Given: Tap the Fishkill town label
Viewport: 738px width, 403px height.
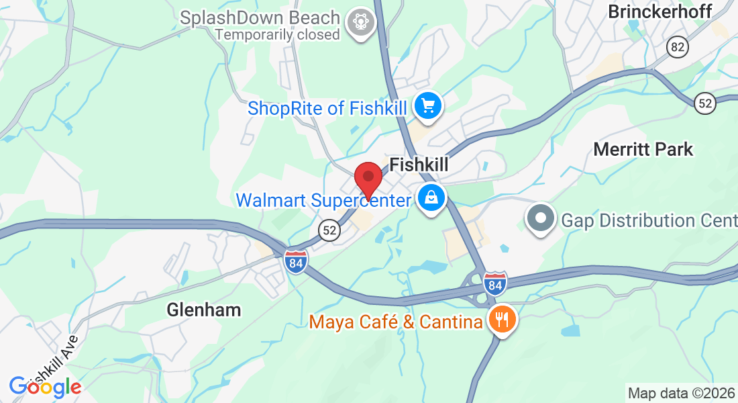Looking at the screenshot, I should (x=419, y=165).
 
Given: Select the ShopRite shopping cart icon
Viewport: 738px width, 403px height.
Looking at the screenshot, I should (x=428, y=105).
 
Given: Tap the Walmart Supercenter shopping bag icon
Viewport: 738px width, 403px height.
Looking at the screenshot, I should (x=431, y=198).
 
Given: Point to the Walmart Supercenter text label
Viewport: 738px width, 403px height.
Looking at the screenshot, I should (x=323, y=200).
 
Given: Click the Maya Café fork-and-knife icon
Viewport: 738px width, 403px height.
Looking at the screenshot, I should (x=501, y=318).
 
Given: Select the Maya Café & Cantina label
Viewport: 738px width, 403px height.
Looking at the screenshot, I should (x=396, y=322).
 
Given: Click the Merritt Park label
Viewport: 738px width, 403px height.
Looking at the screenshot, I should (x=643, y=149).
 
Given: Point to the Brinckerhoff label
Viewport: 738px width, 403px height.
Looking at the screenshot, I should (x=660, y=11).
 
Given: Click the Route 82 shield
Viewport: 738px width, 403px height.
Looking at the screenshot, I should (x=678, y=46).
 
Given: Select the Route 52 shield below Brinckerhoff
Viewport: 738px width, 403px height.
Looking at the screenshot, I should (x=705, y=103).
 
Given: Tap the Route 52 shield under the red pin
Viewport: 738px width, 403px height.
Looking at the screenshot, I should (x=329, y=230).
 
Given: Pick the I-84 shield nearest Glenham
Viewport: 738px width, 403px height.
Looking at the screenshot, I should (x=295, y=261).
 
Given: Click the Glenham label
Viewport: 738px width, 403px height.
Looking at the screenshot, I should (x=204, y=310).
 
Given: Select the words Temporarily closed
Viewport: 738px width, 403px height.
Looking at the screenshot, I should (x=278, y=34).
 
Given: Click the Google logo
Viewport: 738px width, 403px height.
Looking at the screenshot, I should (x=45, y=387).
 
